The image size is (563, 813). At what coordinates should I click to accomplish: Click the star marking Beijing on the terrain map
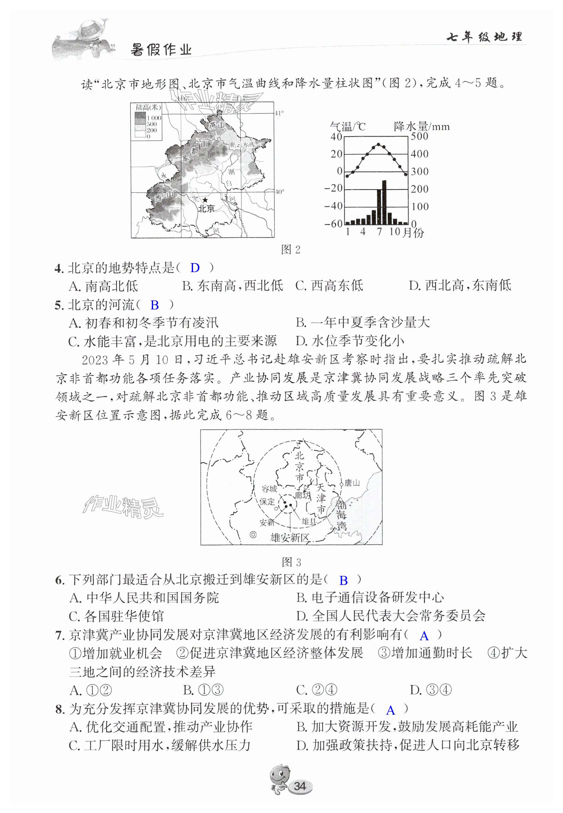point(205,200)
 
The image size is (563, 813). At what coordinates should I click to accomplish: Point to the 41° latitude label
point(279,113)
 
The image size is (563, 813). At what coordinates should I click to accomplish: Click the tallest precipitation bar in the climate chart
point(384,202)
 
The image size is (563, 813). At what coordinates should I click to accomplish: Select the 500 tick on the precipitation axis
point(420,136)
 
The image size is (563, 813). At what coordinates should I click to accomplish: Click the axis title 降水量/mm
point(422,126)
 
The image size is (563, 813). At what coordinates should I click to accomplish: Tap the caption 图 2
point(290,249)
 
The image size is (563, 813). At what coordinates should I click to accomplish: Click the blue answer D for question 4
point(195,268)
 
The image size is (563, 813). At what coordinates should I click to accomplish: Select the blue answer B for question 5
point(154,305)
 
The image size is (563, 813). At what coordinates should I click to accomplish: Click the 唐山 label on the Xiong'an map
point(352,483)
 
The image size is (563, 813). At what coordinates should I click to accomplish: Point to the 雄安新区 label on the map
point(290,538)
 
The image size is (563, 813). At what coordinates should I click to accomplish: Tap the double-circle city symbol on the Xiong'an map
point(253,535)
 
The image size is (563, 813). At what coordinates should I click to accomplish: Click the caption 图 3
point(292,562)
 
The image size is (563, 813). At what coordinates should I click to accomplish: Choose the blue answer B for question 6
point(343,581)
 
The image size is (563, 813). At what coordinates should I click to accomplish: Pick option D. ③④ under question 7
point(431,690)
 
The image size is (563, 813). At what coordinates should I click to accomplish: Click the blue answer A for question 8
point(391,710)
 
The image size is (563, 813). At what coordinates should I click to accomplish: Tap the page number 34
point(300,786)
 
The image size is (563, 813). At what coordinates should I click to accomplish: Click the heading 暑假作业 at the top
point(161,50)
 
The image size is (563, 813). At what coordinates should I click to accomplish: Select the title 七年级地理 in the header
point(484,37)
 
